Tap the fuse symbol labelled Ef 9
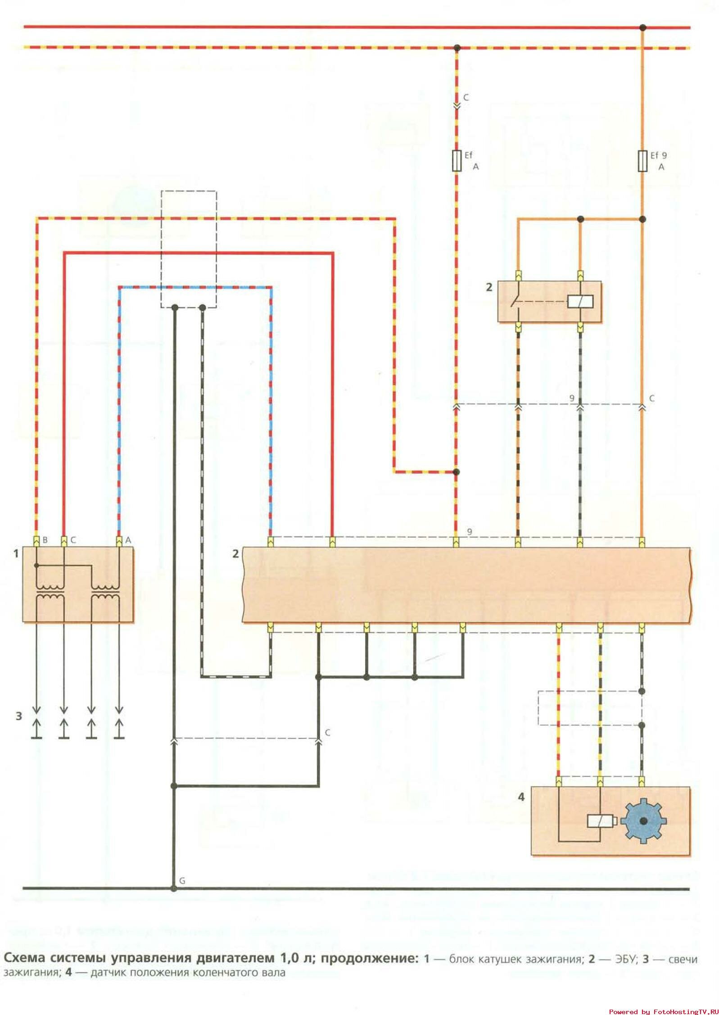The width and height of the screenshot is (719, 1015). (x=643, y=161)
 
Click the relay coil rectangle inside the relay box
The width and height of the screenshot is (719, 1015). (x=580, y=301)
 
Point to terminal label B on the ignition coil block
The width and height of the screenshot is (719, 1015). (x=45, y=540)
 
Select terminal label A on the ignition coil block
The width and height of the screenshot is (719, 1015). (x=128, y=540)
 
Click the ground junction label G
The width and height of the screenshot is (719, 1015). (x=182, y=880)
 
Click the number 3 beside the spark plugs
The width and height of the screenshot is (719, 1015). (x=18, y=716)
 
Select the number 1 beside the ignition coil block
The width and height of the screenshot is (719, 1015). (x=16, y=553)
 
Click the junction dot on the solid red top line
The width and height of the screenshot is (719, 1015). (x=643, y=27)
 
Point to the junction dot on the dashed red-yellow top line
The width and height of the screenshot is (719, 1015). (x=457, y=47)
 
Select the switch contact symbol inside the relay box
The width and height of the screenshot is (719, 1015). (x=516, y=301)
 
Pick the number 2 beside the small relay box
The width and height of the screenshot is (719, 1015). (x=489, y=287)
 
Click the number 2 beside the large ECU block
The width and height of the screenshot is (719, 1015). (x=235, y=553)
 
